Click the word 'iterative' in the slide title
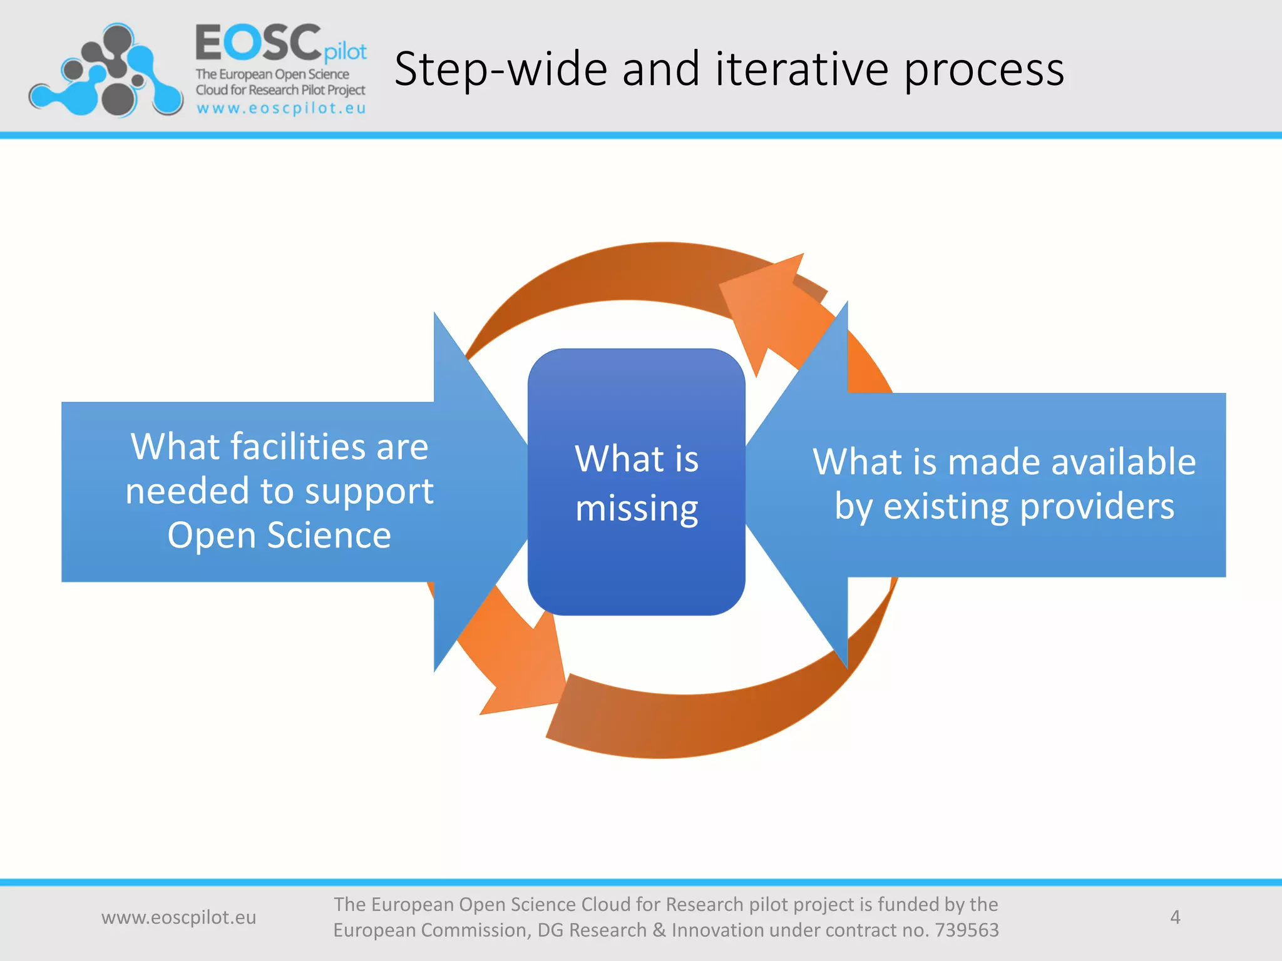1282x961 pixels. tap(801, 69)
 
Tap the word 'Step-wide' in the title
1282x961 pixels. tap(501, 70)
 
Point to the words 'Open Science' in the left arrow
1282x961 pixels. tap(279, 536)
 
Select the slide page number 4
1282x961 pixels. tap(1175, 917)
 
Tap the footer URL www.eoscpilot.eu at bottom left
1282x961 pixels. tap(178, 917)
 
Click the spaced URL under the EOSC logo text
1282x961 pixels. tap(281, 108)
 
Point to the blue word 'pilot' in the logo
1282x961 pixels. tap(346, 51)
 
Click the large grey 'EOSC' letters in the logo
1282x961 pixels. tap(258, 43)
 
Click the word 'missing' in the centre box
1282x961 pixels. tap(636, 508)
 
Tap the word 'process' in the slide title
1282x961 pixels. tap(984, 70)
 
